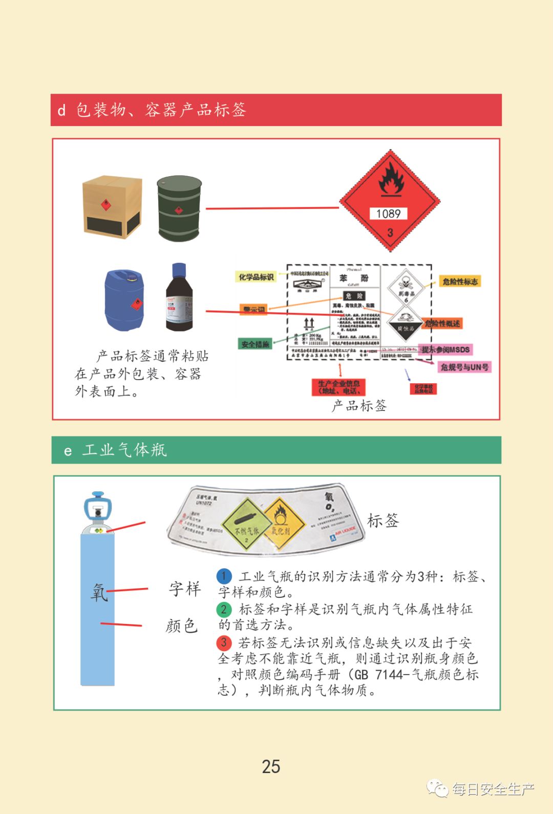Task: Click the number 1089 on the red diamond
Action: pyautogui.click(x=388, y=214)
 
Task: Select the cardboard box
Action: pyautogui.click(x=112, y=207)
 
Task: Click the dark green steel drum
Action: pyautogui.click(x=179, y=208)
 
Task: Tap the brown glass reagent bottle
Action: pyautogui.click(x=179, y=298)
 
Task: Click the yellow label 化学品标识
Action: pyautogui.click(x=256, y=277)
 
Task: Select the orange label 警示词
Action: pyautogui.click(x=254, y=310)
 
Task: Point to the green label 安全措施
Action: pyautogui.click(x=255, y=344)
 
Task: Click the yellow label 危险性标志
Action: pyautogui.click(x=460, y=281)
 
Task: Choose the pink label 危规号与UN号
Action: pyautogui.click(x=464, y=367)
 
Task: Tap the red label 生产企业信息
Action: pyautogui.click(x=338, y=387)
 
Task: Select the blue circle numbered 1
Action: pyautogui.click(x=224, y=576)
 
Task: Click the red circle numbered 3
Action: pyautogui.click(x=224, y=642)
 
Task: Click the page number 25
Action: pyautogui.click(x=271, y=766)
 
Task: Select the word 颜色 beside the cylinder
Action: pyautogui.click(x=181, y=625)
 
